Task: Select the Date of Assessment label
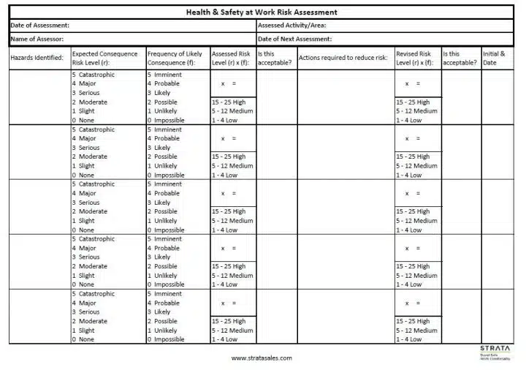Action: point(40,26)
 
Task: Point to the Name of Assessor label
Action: point(37,39)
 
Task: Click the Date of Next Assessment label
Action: point(294,39)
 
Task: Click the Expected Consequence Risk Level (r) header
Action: point(104,58)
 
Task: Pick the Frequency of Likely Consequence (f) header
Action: point(175,58)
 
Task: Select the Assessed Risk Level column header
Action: point(231,58)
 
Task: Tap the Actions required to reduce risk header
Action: point(343,58)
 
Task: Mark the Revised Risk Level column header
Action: point(414,58)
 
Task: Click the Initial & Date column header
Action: point(494,58)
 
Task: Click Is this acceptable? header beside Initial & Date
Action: point(460,58)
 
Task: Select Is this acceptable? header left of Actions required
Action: point(275,58)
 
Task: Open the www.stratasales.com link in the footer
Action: point(261,358)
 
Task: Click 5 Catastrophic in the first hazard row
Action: point(94,75)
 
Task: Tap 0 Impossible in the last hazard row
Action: point(166,339)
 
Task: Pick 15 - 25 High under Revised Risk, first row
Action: point(413,102)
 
